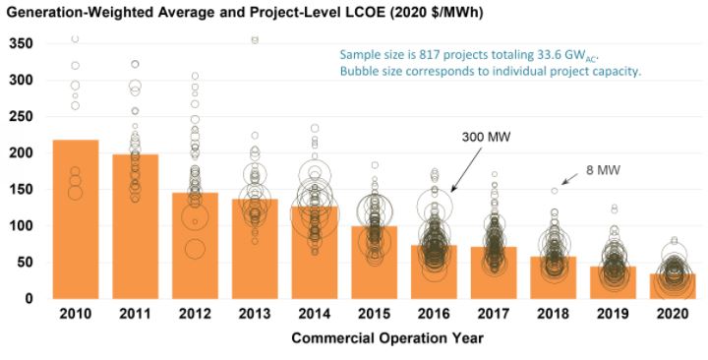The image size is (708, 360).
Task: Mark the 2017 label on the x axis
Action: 495,316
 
